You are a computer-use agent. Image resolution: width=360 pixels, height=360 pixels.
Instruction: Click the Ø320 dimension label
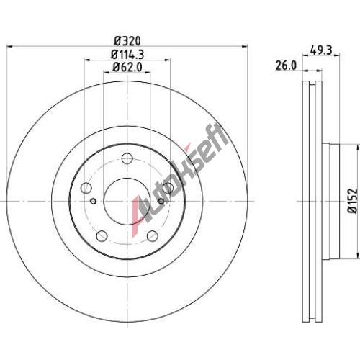coord(127,41)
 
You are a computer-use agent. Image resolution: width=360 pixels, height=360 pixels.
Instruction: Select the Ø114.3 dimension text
coord(127,55)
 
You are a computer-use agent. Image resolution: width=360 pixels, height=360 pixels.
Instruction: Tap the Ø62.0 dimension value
coord(127,67)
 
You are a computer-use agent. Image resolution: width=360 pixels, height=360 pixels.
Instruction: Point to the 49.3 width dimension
coord(321,50)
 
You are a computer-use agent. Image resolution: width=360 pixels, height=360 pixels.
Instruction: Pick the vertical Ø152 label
coord(354,201)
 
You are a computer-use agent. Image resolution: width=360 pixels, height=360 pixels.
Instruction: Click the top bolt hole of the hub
coord(127,158)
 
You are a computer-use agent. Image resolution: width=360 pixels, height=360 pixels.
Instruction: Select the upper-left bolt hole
coord(86,188)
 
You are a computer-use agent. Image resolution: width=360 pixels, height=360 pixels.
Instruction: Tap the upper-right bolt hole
coord(168,188)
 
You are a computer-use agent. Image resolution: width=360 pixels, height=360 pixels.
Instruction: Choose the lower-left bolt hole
coord(102,236)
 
